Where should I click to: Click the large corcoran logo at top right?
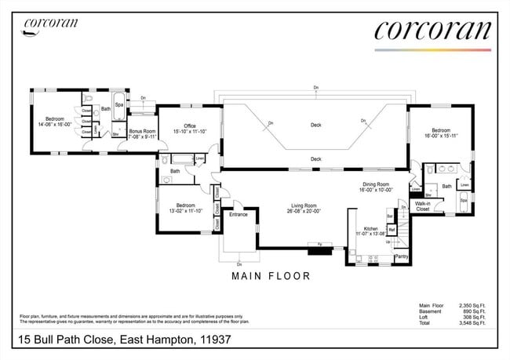click(x=432, y=30)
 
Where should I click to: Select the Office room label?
click(x=189, y=125)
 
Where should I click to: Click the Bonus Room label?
click(x=143, y=132)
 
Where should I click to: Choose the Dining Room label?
click(x=374, y=185)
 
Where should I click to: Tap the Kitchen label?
click(x=370, y=228)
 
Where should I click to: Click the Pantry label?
click(x=401, y=256)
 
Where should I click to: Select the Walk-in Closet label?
click(x=422, y=206)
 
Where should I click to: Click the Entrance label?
click(x=238, y=213)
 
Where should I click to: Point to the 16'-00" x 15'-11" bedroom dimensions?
click(x=440, y=135)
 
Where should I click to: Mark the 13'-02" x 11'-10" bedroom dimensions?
click(x=186, y=210)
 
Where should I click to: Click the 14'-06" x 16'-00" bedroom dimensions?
click(x=53, y=124)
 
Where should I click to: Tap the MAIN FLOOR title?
click(x=271, y=276)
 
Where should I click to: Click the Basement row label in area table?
click(x=432, y=311)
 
